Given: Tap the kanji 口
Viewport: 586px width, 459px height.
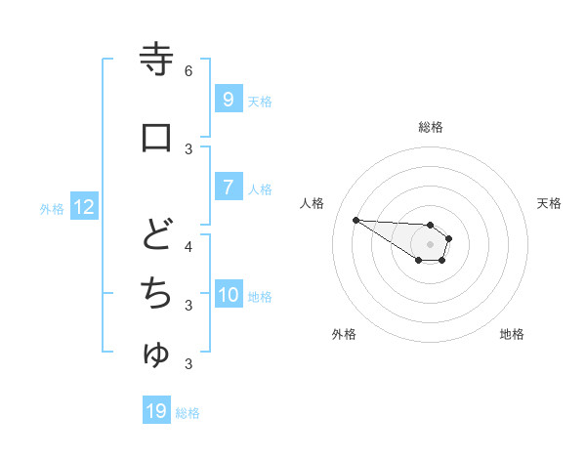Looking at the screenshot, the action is (156, 137).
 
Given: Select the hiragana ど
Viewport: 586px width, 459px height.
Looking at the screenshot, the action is (156, 235).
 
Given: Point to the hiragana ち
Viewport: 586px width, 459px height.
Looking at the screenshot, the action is (156, 292).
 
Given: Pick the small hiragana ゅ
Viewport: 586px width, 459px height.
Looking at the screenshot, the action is (156, 355).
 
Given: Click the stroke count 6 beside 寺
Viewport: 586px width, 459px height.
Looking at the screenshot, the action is (188, 70).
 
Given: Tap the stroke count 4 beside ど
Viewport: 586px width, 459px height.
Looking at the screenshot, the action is (188, 246).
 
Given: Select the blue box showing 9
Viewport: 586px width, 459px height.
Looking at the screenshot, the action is (228, 99).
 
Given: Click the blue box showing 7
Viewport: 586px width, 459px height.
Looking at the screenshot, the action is (228, 188).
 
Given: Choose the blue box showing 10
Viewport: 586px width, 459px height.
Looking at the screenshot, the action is (229, 295).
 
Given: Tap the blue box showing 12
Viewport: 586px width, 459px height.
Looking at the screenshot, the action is (83, 207).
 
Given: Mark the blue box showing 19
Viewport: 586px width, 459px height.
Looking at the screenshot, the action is (156, 411).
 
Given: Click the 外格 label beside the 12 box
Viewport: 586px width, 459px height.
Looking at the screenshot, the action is (51, 208).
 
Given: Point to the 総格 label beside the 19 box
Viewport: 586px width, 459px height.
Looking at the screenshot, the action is (188, 413).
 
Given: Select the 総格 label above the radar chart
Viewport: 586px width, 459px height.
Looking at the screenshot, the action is (430, 127).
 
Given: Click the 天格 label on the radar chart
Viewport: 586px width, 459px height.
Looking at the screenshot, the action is (549, 203).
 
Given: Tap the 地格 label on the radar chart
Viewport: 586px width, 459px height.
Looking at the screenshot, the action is (512, 334).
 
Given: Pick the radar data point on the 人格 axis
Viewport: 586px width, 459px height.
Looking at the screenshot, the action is (356, 220).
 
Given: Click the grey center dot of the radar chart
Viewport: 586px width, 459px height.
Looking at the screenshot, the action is (430, 244).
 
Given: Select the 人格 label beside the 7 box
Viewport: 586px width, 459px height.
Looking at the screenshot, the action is (260, 189).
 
